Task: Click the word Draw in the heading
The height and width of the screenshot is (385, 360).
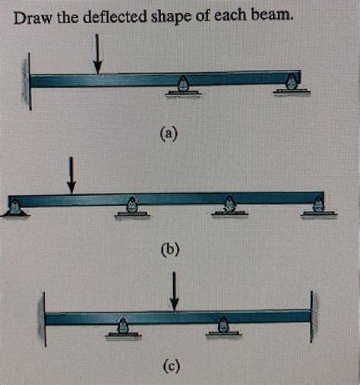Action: point(33,18)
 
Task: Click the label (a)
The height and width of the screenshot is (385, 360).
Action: point(169,133)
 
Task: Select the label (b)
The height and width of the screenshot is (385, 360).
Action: point(170,249)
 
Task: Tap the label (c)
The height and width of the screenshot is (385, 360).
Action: point(172,366)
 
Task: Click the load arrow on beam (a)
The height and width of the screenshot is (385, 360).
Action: point(97,54)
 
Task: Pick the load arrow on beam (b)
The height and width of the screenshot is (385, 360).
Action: point(71,175)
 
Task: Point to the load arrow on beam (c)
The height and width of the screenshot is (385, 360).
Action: point(174,292)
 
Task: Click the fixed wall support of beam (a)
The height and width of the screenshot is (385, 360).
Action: point(27,81)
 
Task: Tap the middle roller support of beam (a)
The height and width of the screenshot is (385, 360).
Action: point(183,87)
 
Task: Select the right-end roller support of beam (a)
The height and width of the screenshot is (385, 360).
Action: point(292,84)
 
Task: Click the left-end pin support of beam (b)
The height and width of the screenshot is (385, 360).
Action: point(15,208)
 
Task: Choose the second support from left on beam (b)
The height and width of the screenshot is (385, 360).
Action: point(132,208)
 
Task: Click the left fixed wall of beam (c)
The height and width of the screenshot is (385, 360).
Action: point(42,319)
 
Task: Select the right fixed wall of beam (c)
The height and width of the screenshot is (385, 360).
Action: point(314,317)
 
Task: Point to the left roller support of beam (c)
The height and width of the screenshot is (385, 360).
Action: point(123,328)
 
